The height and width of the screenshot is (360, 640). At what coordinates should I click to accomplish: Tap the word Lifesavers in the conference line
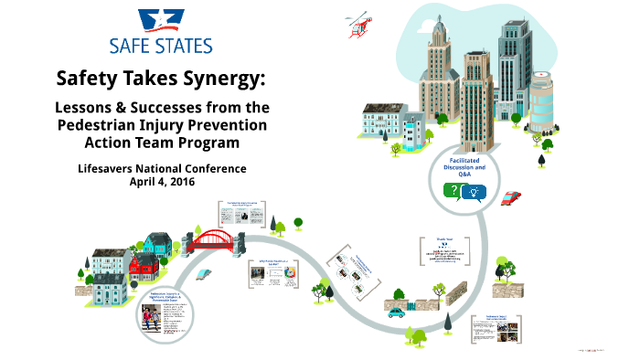tap(105, 169)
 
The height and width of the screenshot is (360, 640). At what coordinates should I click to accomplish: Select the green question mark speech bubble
tap(451, 190)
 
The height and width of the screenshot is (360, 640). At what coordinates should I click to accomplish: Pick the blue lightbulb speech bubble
tap(474, 191)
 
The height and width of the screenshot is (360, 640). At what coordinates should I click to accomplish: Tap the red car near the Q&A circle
tap(512, 197)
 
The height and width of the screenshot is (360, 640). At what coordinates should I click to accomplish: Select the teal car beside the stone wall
tap(396, 311)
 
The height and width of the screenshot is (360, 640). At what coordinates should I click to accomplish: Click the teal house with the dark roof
tap(158, 243)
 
